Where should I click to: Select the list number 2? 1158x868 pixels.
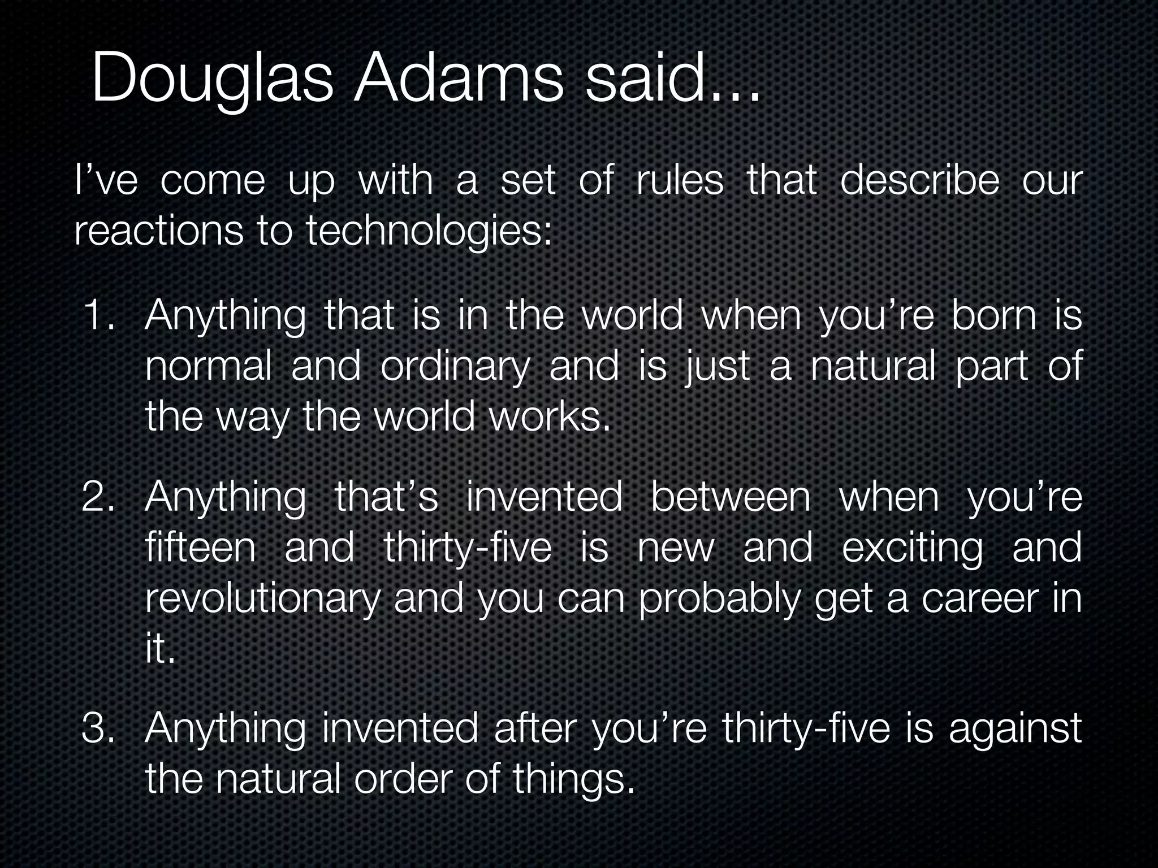(98, 497)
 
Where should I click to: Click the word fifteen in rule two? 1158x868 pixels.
(201, 547)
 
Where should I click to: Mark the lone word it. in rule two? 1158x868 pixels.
(160, 649)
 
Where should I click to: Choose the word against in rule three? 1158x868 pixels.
(1014, 729)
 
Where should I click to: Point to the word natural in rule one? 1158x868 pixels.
(873, 366)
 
